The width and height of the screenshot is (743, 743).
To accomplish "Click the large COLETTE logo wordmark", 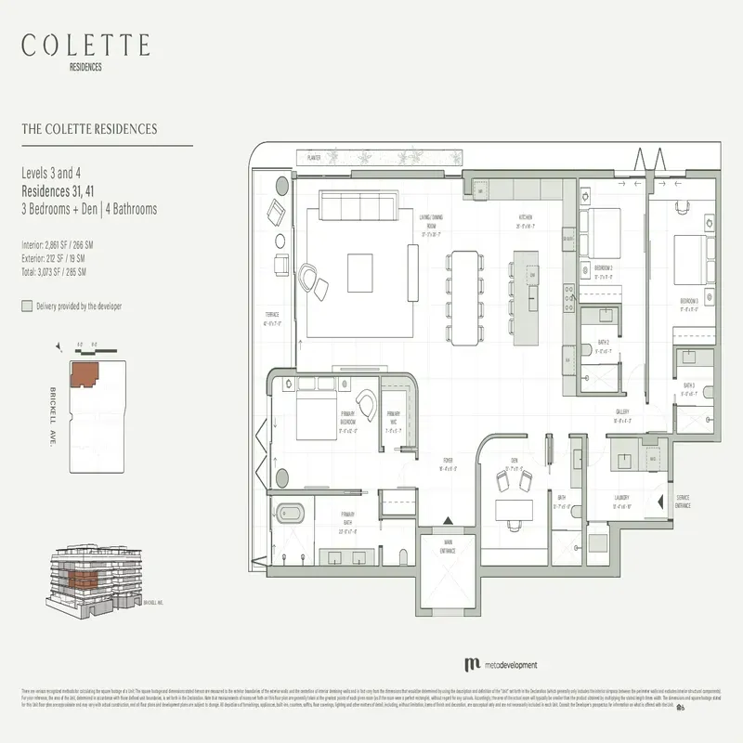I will pos(85,45).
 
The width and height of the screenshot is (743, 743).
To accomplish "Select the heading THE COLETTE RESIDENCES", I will pos(89,129).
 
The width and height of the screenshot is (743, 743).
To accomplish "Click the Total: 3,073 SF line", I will pos(54,272).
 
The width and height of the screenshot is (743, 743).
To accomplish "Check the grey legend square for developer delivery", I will pos(26,306).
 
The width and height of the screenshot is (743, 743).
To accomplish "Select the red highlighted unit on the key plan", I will pos(87,374).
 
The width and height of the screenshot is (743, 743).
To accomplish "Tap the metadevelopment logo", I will pos(500,665).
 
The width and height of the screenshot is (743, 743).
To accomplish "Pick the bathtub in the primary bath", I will pos(289,512).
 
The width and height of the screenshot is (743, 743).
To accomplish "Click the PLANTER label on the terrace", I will pos(314,159).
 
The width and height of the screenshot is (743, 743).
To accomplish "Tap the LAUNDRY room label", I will pos(621,497).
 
